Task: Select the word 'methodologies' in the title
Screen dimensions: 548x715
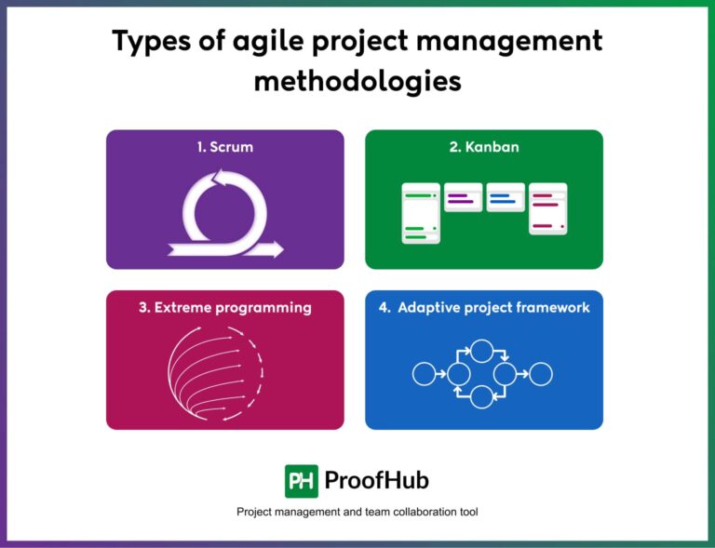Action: (357, 81)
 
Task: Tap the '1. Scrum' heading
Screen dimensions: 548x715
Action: (224, 147)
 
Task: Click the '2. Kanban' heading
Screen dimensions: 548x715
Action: (483, 147)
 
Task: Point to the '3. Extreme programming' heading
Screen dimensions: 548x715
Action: (224, 307)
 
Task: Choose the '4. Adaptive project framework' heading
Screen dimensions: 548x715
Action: (483, 307)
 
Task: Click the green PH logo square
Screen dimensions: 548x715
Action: (301, 480)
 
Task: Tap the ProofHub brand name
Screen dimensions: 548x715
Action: (376, 480)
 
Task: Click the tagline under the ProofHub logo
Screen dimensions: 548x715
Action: (357, 512)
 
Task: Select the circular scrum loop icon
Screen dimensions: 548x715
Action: (224, 209)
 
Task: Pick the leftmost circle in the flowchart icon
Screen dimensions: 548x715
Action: (424, 374)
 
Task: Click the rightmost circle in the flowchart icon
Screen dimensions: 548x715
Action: (542, 374)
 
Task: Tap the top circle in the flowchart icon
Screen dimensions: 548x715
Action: (481, 351)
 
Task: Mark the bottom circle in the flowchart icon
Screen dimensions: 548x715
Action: (481, 397)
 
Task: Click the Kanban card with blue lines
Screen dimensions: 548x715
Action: (506, 197)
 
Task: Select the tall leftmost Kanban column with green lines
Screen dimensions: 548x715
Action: (420, 213)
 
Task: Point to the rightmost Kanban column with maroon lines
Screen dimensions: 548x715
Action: (548, 208)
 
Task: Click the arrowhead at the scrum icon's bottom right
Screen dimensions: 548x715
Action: (276, 248)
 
